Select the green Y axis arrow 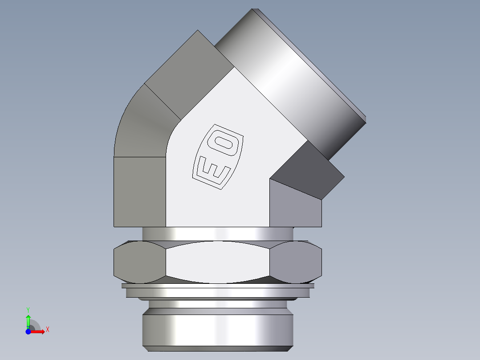[x=28, y=319]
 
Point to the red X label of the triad [x=47, y=330]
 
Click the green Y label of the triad [x=28, y=309]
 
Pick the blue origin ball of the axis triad [x=28, y=331]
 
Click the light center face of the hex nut [x=218, y=262]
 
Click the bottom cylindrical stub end [x=218, y=330]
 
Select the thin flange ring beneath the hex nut [x=218, y=292]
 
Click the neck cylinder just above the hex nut [x=218, y=233]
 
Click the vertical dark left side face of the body [x=140, y=192]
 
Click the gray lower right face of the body [x=295, y=207]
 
